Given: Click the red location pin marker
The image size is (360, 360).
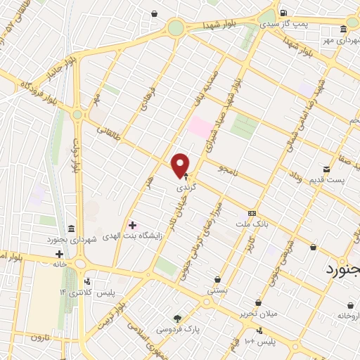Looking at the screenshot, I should [181, 165].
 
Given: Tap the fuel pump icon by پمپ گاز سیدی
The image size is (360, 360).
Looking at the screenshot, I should [283, 13].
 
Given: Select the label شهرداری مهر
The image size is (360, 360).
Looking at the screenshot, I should [337, 39].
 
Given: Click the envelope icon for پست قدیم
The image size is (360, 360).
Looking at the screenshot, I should [326, 169].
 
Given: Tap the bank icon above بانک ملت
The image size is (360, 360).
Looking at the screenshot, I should [251, 213].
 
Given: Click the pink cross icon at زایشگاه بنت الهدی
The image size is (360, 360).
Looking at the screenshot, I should [133, 225].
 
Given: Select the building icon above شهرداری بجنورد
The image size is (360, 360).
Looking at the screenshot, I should [72, 229].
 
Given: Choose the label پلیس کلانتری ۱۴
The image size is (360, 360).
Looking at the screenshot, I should [115, 291].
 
